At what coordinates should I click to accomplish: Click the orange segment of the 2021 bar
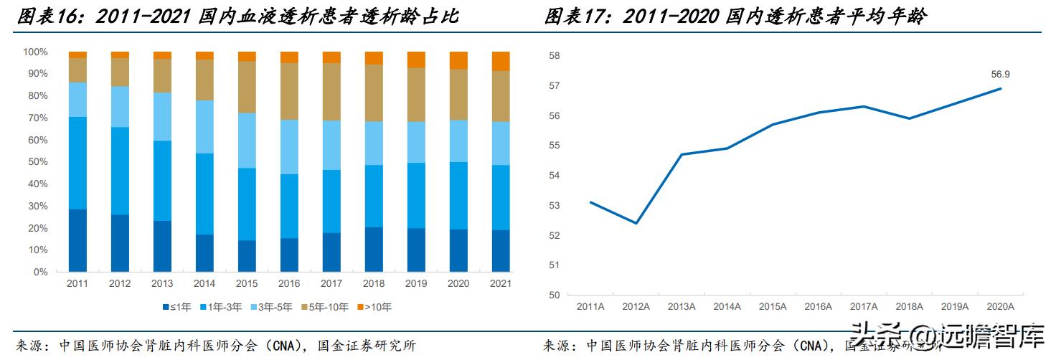click(x=501, y=62)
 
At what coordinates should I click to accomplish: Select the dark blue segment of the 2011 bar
click(x=77, y=240)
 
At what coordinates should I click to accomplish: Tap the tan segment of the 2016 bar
click(x=289, y=91)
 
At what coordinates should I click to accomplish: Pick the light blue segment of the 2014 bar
click(x=204, y=127)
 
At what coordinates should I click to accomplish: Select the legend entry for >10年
click(x=375, y=308)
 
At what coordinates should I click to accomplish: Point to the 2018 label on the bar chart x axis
click(x=374, y=284)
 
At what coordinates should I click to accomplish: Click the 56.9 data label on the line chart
click(x=1000, y=74)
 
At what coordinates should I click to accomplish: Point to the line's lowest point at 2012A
click(x=636, y=223)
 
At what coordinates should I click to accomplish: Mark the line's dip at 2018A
click(x=910, y=118)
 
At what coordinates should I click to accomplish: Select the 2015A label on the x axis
click(x=773, y=306)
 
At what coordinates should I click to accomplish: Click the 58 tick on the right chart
click(x=553, y=56)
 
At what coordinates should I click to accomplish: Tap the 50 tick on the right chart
click(x=553, y=295)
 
